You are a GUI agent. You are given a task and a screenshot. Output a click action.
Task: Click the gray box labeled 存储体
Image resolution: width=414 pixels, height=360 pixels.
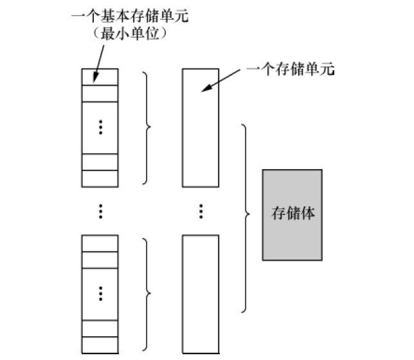pyautogui.click(x=292, y=215)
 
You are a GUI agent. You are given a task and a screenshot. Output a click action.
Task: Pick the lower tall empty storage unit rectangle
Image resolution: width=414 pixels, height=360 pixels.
pyautogui.click(x=201, y=293)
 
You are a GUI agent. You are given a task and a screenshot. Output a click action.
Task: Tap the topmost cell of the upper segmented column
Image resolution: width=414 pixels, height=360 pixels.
pyautogui.click(x=100, y=76)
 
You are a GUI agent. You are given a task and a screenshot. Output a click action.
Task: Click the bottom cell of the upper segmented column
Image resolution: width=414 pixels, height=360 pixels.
pyautogui.click(x=100, y=177)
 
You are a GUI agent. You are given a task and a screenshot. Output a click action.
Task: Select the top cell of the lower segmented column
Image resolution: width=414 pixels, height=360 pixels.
pyautogui.click(x=100, y=242)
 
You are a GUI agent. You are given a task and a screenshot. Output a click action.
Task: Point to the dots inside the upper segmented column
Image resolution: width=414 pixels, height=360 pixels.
pyautogui.click(x=100, y=127)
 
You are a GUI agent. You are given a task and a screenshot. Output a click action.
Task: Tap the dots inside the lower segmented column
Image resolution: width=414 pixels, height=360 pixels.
pyautogui.click(x=100, y=294)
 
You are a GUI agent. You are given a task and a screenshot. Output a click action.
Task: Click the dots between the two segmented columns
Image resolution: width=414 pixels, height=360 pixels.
pyautogui.click(x=100, y=211)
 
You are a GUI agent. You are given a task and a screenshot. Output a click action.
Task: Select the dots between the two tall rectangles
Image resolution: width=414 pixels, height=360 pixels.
pyautogui.click(x=201, y=211)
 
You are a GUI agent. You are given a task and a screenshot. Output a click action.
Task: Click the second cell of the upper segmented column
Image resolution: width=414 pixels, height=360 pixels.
pyautogui.click(x=100, y=92)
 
